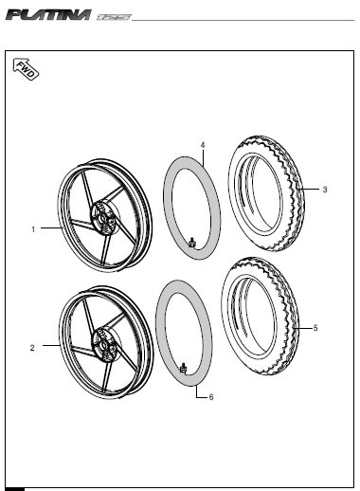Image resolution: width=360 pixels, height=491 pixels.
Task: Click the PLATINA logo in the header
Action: (x=48, y=15)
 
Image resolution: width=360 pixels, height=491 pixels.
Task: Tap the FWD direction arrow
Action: (x=26, y=69)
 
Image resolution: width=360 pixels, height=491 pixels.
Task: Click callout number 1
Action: (x=33, y=229)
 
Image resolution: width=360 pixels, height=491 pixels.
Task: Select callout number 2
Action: (x=32, y=348)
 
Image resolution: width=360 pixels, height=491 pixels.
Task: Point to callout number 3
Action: (x=325, y=190)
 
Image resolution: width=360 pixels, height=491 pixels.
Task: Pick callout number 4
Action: (x=203, y=145)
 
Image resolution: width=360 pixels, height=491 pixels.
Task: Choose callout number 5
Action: (x=315, y=328)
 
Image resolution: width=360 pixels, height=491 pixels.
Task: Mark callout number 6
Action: (x=211, y=397)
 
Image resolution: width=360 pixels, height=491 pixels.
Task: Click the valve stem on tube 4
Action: (x=191, y=243)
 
